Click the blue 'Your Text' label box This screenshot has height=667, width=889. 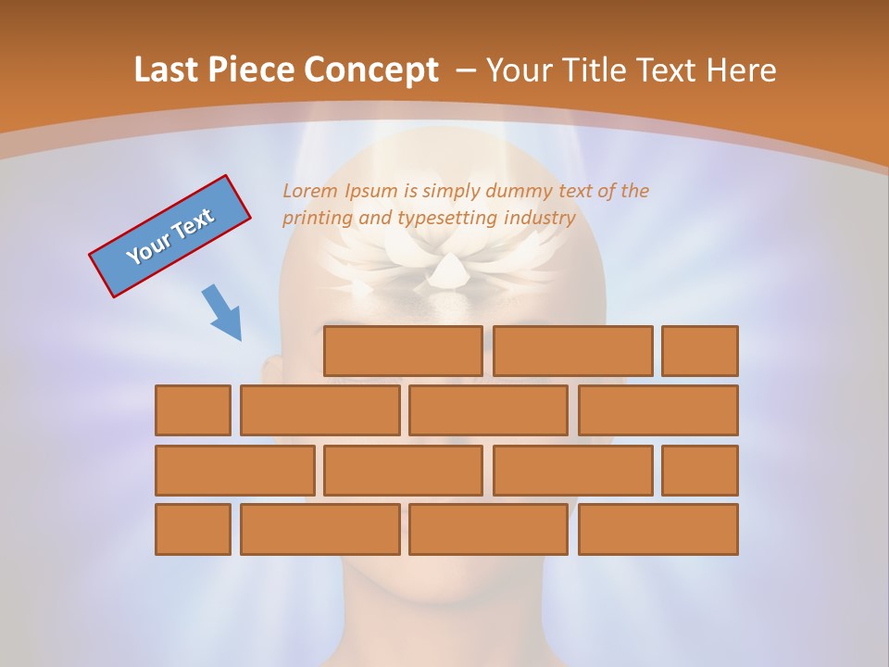[x=169, y=236]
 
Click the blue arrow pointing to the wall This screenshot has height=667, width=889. [x=222, y=313]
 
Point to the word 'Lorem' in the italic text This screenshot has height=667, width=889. [x=311, y=191]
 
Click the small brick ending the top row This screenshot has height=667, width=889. [x=700, y=351]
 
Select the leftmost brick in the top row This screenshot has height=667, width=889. [x=403, y=351]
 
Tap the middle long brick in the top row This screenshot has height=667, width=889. [x=572, y=351]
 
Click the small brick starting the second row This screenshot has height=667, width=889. [x=193, y=410]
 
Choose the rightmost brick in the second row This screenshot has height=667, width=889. [x=658, y=410]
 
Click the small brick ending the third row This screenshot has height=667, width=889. [x=700, y=471]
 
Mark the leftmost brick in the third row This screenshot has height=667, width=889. [x=234, y=471]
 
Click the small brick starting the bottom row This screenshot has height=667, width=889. [x=193, y=530]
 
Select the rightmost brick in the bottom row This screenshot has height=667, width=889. [x=658, y=530]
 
